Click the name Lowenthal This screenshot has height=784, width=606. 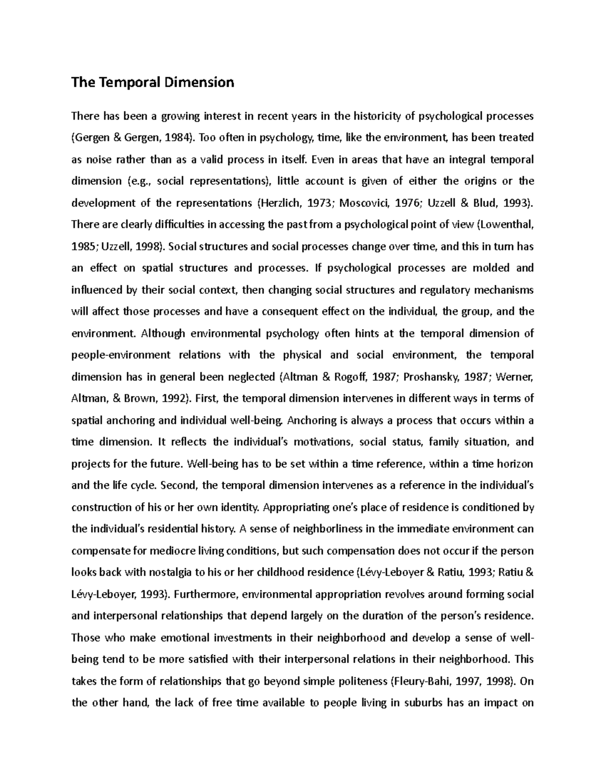(506, 225)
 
